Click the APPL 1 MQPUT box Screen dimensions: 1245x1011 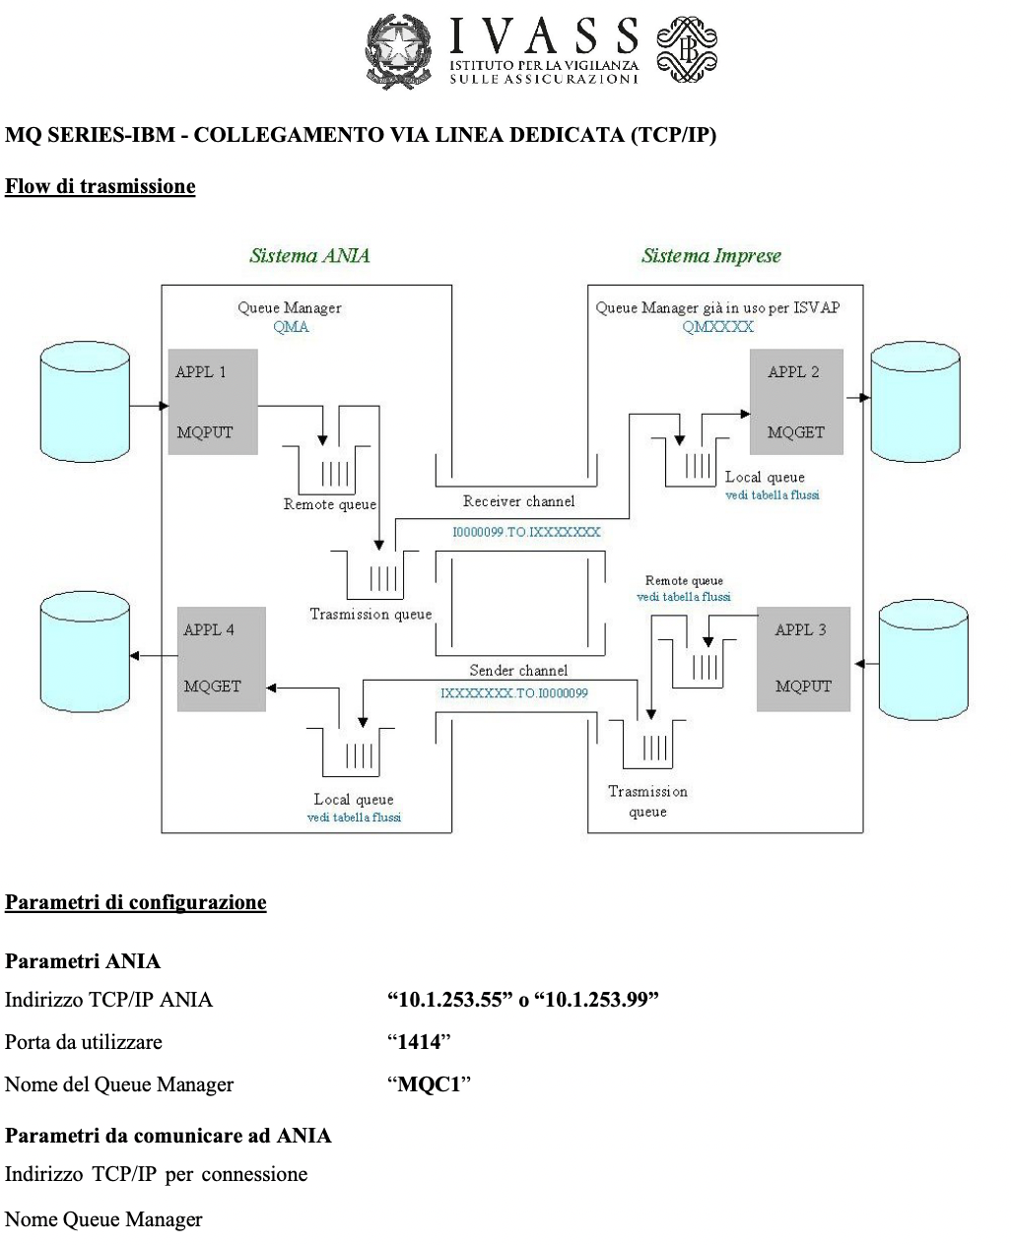coord(213,402)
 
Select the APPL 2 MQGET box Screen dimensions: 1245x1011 coord(796,402)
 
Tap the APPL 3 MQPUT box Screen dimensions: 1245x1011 coord(803,659)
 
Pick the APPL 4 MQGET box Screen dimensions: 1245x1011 coord(222,659)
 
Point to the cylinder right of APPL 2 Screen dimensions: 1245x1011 coord(915,402)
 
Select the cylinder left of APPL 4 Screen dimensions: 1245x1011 coord(85,653)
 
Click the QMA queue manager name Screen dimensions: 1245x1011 coord(291,327)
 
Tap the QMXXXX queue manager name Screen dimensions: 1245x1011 coord(717,327)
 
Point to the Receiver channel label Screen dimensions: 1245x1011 coord(518,501)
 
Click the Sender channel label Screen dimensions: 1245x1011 coord(518,671)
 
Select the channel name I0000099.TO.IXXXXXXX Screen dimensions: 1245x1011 coord(526,532)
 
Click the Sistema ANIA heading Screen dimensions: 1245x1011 coord(309,256)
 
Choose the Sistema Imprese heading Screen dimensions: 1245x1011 coord(710,256)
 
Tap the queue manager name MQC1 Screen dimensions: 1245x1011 coord(429,1084)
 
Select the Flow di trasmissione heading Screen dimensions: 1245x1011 coord(101,186)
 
